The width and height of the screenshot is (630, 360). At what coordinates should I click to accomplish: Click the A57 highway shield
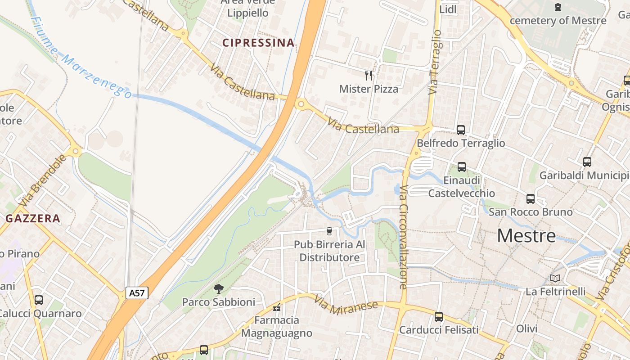pyautogui.click(x=137, y=293)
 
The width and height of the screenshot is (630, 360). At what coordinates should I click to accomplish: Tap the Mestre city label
pyautogui.click(x=526, y=236)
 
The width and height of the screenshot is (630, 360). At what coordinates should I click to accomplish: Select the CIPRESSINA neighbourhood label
pyautogui.click(x=258, y=43)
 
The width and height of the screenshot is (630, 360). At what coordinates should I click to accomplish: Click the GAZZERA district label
pyautogui.click(x=33, y=219)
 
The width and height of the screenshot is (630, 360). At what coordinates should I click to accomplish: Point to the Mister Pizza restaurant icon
pyautogui.click(x=369, y=76)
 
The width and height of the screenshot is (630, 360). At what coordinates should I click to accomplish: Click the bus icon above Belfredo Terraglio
pyautogui.click(x=461, y=130)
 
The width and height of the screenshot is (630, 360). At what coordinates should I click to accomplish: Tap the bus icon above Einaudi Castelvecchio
pyautogui.click(x=462, y=167)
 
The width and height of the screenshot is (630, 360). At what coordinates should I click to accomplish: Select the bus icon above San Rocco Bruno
pyautogui.click(x=531, y=198)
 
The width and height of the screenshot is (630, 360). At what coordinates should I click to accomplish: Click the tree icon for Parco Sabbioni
pyautogui.click(x=219, y=288)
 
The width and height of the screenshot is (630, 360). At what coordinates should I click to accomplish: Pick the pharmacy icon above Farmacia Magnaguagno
pyautogui.click(x=277, y=308)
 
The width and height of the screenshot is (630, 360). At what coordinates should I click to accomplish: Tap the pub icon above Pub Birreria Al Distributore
pyautogui.click(x=329, y=231)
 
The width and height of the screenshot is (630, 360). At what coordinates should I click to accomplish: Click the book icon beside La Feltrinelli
pyautogui.click(x=555, y=279)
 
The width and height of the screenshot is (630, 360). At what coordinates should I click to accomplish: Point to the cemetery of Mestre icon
pyautogui.click(x=558, y=7)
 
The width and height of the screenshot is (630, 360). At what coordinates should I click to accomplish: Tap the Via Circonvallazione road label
pyautogui.click(x=403, y=237)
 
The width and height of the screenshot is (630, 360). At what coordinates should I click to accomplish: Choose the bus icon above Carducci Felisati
pyautogui.click(x=439, y=317)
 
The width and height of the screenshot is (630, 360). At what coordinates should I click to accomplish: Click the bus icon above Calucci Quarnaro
pyautogui.click(x=39, y=300)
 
